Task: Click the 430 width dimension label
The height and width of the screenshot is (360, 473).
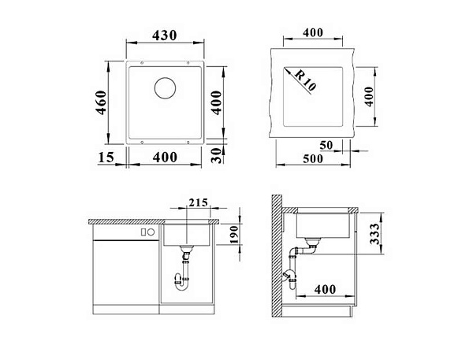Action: click(x=164, y=35)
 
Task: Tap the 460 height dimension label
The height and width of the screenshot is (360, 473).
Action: click(x=101, y=102)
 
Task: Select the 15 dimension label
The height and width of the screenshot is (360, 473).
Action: click(x=106, y=157)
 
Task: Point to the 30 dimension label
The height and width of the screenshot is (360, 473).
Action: click(x=216, y=155)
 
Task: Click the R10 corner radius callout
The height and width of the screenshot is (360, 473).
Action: click(x=304, y=80)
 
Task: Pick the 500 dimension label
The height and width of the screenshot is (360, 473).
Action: click(x=313, y=158)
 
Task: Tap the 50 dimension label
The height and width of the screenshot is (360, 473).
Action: click(x=326, y=145)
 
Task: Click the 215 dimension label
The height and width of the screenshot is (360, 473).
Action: click(x=198, y=202)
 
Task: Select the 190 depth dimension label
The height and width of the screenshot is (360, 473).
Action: click(x=234, y=235)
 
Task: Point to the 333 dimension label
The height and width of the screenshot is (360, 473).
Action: click(x=374, y=234)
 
